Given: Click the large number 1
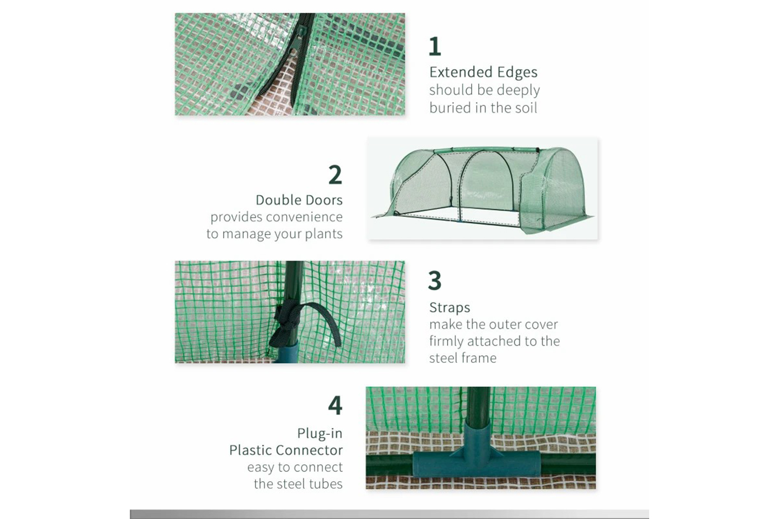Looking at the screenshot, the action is (435, 46).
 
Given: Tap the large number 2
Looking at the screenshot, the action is (335, 174).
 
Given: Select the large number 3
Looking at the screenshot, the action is (435, 281).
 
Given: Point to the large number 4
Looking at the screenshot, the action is (335, 405).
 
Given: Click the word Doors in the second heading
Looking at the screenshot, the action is (323, 200).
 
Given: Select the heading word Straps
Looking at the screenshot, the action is (450, 308).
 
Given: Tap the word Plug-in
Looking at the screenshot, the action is (320, 433).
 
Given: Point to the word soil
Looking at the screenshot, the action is (526, 108).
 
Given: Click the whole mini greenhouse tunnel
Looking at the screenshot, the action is (482, 189).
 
